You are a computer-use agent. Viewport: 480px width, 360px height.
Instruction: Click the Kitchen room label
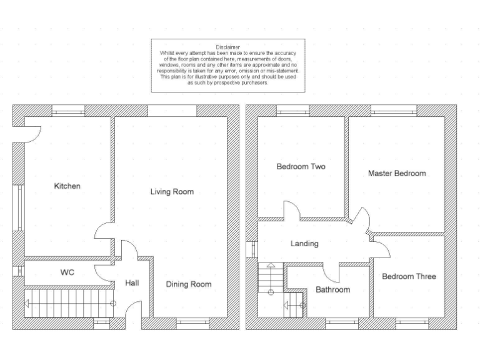click(67, 186)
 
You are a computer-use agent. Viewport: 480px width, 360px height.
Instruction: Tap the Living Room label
click(172, 192)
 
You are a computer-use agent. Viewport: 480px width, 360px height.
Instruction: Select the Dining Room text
click(188, 284)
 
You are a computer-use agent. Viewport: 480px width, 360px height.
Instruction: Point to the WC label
click(67, 273)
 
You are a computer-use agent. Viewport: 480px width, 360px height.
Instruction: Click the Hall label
click(132, 283)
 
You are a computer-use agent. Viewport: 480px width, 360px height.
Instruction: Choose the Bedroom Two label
click(301, 167)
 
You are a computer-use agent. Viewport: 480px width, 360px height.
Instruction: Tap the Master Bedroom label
click(397, 173)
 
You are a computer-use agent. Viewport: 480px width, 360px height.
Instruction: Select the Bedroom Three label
click(409, 276)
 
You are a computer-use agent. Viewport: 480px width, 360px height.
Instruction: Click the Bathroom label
click(332, 289)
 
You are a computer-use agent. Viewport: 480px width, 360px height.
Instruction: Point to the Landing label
click(304, 244)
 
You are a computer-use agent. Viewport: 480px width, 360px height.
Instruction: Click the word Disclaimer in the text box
click(227, 47)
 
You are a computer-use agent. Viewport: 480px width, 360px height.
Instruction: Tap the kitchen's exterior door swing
click(31, 132)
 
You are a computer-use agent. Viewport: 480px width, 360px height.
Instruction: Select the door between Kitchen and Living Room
click(104, 235)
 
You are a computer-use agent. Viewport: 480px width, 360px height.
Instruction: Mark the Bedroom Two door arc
click(291, 211)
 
